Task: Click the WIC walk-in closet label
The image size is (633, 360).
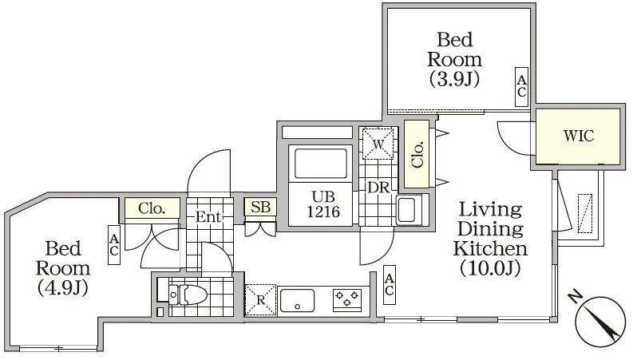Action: (x=579, y=136)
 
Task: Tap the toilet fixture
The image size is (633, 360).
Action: (x=187, y=295)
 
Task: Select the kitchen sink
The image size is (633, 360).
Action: (x=297, y=300)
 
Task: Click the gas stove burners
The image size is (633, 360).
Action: (x=346, y=299)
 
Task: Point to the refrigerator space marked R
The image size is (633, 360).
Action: (x=260, y=300)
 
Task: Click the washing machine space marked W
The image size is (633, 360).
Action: (x=378, y=144)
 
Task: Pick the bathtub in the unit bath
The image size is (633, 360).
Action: (x=321, y=164)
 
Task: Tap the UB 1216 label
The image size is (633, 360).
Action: (x=323, y=204)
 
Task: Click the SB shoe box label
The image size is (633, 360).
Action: (x=260, y=207)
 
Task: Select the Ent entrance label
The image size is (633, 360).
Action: (x=208, y=217)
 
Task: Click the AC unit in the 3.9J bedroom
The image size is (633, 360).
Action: (x=521, y=86)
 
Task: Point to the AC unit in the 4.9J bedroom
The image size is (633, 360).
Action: (x=114, y=244)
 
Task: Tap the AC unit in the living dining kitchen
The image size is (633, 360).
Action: (x=390, y=284)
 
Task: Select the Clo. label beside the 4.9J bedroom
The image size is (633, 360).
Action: (x=152, y=208)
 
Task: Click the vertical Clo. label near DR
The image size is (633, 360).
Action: (x=417, y=154)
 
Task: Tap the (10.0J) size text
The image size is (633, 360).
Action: (x=490, y=268)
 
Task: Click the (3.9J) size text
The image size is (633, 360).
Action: (x=454, y=79)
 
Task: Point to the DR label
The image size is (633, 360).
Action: (x=378, y=188)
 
